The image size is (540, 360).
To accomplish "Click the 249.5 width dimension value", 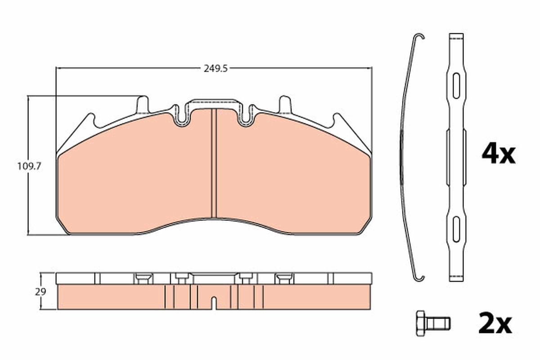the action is click(216, 69).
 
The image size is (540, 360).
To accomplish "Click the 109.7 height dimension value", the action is click(29, 166).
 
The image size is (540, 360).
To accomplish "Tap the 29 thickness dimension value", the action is click(40, 292).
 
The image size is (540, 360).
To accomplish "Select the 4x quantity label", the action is click(499, 153).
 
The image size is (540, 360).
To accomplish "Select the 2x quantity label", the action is click(495, 323).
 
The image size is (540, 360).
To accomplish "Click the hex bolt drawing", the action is click(433, 324).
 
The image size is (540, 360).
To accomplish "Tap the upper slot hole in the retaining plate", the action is click(456, 86).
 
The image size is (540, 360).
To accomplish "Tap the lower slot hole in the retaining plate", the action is click(456, 229).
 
